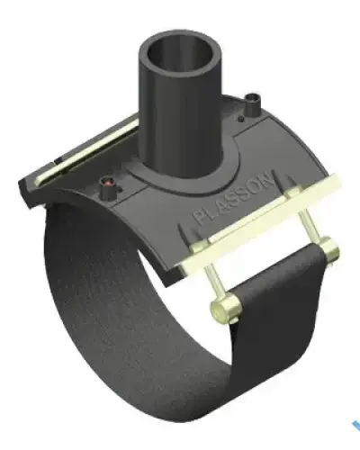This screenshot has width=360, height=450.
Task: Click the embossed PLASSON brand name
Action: tap(235, 197)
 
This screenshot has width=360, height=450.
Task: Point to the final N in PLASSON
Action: tap(268, 178)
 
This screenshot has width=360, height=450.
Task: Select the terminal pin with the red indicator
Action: tap(108, 189)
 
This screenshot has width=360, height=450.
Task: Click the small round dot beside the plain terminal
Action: tap(240, 119)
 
